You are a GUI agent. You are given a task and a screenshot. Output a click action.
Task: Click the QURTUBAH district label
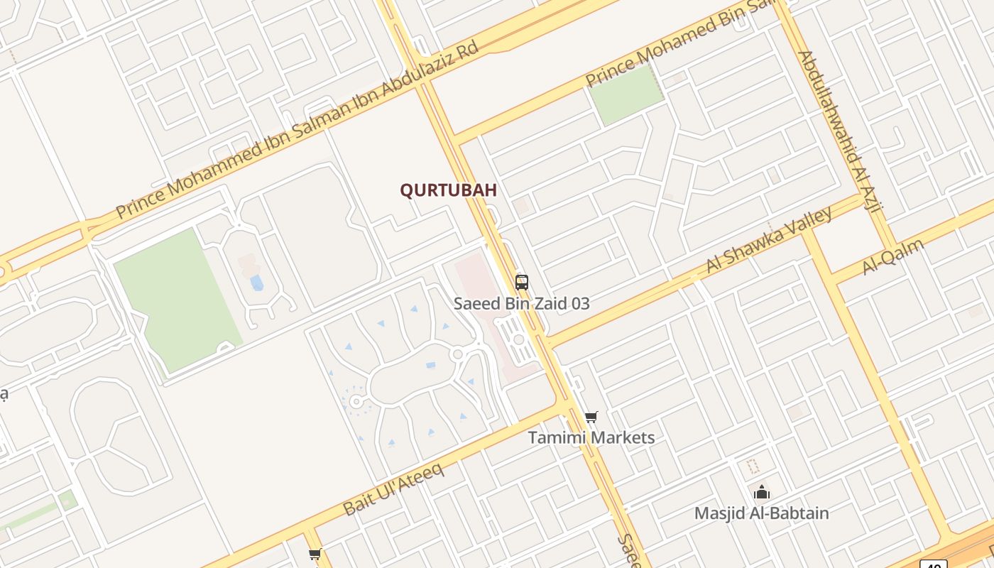click(x=448, y=190)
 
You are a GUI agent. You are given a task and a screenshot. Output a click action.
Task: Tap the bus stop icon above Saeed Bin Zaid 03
click(x=522, y=282)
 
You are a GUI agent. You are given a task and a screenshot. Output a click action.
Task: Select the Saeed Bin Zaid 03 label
click(x=522, y=304)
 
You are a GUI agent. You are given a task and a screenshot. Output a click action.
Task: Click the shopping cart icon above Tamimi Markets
click(x=591, y=417)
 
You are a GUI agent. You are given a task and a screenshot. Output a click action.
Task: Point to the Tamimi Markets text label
click(x=591, y=437)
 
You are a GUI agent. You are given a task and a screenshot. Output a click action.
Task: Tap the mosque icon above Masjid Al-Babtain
click(x=761, y=492)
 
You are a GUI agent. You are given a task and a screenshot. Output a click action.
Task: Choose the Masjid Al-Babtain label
click(x=761, y=513)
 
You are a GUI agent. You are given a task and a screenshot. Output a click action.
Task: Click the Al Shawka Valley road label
click(x=769, y=240)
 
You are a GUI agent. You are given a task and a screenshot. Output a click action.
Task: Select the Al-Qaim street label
click(x=892, y=256)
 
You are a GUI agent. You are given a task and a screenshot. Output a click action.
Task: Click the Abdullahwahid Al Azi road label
click(x=839, y=131)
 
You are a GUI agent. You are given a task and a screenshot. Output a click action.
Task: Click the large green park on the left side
click(x=177, y=298)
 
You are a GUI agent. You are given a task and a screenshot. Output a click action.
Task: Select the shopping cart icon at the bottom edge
click(x=315, y=554)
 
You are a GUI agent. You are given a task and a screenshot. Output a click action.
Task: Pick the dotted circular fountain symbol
click(x=356, y=401)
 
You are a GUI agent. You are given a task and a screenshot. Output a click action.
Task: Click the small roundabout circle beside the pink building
click(x=519, y=339)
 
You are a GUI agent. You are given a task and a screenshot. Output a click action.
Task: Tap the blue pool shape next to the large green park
click(x=256, y=283)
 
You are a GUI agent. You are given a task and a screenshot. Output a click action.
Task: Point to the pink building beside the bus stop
click(x=483, y=298)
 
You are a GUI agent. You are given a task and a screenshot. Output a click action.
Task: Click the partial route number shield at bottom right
click(x=936, y=564)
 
